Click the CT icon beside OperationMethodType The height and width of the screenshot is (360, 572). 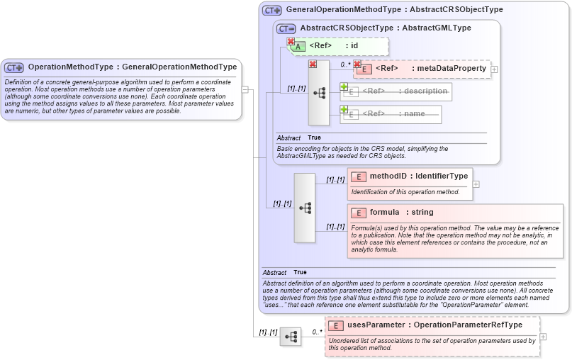pos(14,67)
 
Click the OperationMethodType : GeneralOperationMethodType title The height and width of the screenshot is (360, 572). pos(132,67)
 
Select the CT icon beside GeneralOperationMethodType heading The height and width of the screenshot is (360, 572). pos(271,11)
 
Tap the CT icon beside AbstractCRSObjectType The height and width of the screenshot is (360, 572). pos(286,28)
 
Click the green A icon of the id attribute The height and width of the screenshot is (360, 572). pos(299,46)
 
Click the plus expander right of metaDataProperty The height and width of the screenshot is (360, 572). pos(494,69)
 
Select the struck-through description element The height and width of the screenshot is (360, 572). pos(404,91)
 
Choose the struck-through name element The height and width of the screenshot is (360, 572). pos(393,113)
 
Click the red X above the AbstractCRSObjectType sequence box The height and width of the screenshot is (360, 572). pos(313,64)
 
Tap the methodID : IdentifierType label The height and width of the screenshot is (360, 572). pos(418,176)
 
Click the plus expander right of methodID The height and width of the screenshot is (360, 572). pos(476,184)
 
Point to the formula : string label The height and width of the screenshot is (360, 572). pos(401,212)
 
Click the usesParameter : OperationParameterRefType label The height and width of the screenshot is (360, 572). pos(434,325)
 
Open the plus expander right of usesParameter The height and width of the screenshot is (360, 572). pos(544,337)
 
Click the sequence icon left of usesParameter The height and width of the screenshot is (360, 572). pos(290,337)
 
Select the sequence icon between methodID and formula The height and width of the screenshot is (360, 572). pos(305,208)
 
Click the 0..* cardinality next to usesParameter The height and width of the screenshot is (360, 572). pos(317,331)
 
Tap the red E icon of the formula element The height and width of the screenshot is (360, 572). pos(359,213)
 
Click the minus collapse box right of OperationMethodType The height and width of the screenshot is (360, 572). pos(245,89)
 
